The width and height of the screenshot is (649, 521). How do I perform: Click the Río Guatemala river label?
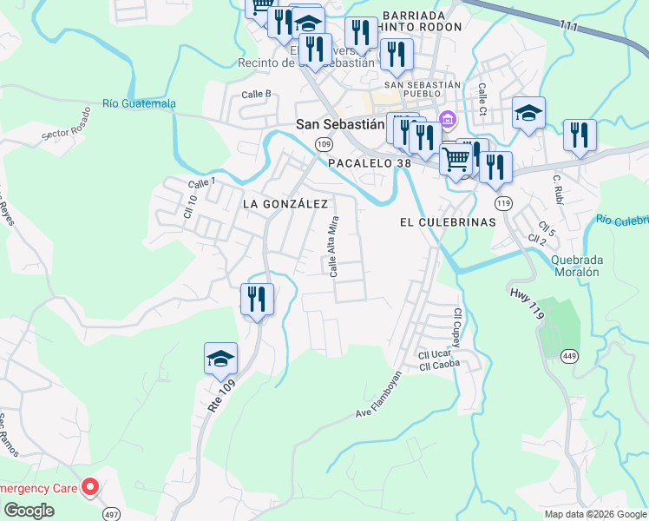[x=139, y=104]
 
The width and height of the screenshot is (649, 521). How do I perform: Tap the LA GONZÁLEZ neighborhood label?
[x=285, y=204]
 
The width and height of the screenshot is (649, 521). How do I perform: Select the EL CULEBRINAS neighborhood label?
[x=447, y=222]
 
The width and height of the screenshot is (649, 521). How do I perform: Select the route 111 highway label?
[x=569, y=26]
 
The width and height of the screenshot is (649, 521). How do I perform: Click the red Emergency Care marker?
[x=88, y=488]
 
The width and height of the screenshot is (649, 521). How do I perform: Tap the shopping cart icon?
[x=456, y=158]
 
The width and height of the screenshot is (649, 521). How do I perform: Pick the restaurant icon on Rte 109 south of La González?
[x=257, y=300]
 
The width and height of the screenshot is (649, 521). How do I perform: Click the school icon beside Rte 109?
[x=220, y=358]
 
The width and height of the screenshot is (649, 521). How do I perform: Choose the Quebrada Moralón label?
[x=575, y=265]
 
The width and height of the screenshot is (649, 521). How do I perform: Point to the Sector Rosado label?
[x=66, y=126]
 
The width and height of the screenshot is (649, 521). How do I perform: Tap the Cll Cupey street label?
[x=456, y=326]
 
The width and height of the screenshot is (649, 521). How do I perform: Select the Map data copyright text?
[x=594, y=514]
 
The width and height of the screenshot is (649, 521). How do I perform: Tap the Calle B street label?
[x=257, y=94]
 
